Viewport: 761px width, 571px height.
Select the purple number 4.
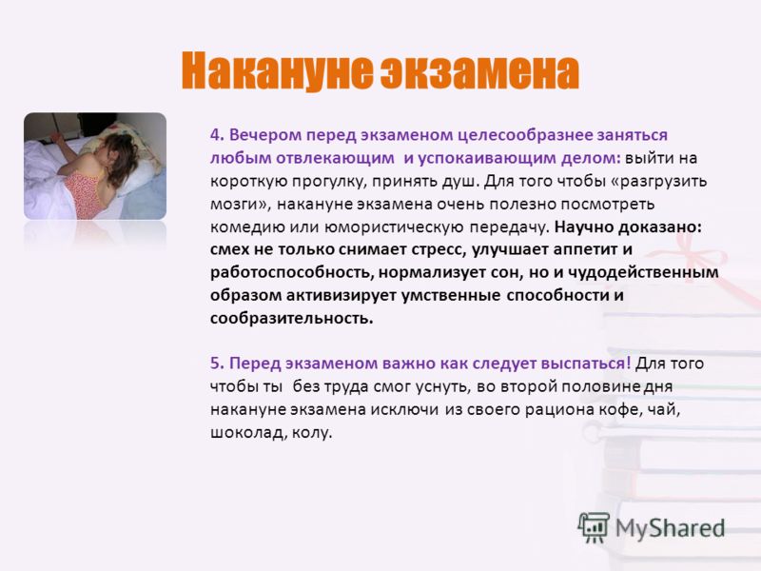pyautogui.click(x=217, y=134)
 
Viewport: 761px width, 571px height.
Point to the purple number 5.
pyautogui.click(x=217, y=364)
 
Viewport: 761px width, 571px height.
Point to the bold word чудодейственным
pyautogui.click(x=643, y=273)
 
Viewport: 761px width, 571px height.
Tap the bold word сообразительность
pyautogui.click(x=292, y=319)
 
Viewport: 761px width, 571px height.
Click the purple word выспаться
pyautogui.click(x=586, y=364)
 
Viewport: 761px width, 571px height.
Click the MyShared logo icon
pyautogui.click(x=594, y=527)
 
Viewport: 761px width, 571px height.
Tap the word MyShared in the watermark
pyautogui.click(x=670, y=528)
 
